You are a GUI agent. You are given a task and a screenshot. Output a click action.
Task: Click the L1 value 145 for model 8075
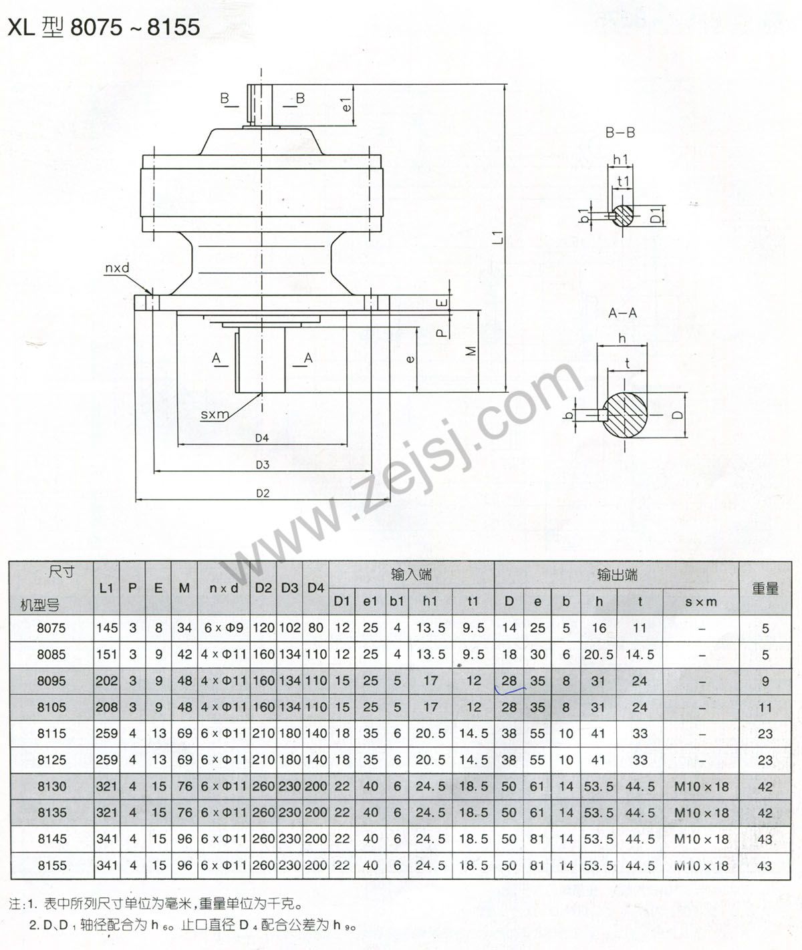(107, 629)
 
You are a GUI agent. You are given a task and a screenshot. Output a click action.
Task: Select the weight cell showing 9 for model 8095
(765, 681)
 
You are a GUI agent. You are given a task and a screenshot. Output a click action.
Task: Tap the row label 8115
(51, 734)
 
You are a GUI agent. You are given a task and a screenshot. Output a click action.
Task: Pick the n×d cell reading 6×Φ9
(223, 629)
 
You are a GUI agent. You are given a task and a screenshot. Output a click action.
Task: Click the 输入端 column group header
(412, 575)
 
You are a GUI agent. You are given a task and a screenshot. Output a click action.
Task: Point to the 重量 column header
(765, 589)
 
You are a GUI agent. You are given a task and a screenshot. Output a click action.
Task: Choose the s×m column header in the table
(701, 602)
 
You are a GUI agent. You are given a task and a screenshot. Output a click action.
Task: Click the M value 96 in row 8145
(184, 840)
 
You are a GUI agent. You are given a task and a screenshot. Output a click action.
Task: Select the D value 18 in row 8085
(509, 655)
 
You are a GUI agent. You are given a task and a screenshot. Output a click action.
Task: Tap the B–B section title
(620, 133)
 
